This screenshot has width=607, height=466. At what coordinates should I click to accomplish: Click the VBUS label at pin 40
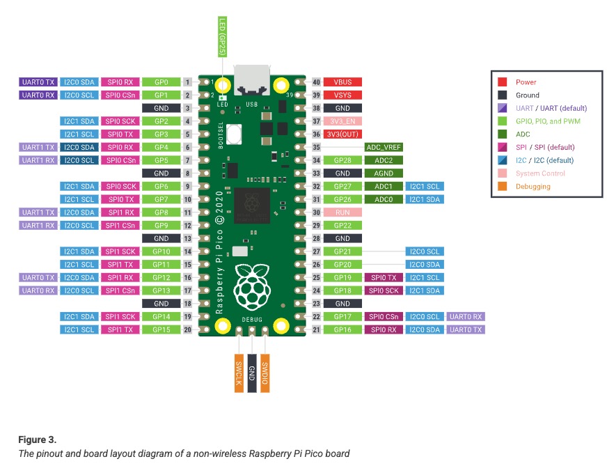click(x=342, y=82)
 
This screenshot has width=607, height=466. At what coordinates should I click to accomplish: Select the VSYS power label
click(x=342, y=95)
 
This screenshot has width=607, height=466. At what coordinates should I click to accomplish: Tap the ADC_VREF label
click(x=383, y=147)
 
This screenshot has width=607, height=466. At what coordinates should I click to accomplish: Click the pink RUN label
click(x=342, y=212)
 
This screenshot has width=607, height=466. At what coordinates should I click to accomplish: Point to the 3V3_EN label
click(x=342, y=121)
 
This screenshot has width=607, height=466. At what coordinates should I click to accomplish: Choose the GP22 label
click(x=342, y=226)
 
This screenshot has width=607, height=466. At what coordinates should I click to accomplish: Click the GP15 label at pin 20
click(x=161, y=329)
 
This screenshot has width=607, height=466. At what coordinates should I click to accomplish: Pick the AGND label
click(x=383, y=173)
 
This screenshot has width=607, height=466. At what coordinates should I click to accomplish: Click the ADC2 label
click(x=383, y=160)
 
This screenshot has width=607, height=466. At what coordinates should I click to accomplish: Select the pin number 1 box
click(x=188, y=82)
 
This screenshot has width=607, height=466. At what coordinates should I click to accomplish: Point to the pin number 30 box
click(x=316, y=212)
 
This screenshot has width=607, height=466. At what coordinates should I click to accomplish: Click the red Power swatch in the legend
click(x=502, y=82)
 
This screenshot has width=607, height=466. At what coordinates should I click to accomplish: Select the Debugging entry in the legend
click(x=533, y=187)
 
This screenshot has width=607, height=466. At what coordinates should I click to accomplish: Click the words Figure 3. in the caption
click(x=37, y=440)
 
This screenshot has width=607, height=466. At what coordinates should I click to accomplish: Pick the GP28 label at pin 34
click(x=342, y=160)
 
